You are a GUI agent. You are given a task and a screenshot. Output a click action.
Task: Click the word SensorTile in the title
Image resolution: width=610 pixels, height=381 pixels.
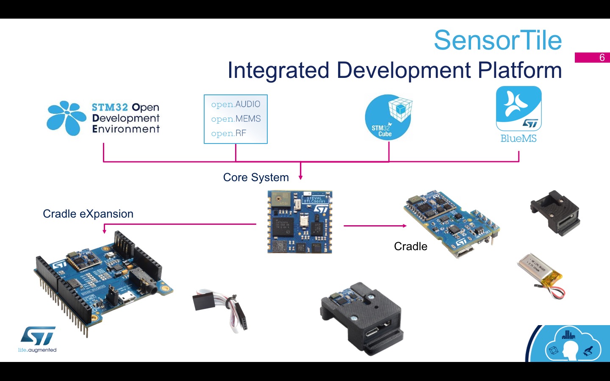(x=498, y=41)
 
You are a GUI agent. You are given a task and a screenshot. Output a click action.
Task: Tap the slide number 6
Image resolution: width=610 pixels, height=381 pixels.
(x=602, y=58)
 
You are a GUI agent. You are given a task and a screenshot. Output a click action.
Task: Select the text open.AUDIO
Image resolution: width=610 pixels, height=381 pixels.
(x=236, y=104)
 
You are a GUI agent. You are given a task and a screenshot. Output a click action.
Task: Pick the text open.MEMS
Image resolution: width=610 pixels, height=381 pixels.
(x=236, y=119)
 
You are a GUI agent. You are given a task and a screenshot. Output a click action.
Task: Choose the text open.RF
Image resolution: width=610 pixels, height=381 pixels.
(x=228, y=133)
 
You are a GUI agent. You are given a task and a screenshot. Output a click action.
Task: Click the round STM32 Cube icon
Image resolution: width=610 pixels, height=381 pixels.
(x=388, y=118)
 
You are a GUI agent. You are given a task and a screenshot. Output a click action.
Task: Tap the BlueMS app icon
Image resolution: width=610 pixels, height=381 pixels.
(x=518, y=108)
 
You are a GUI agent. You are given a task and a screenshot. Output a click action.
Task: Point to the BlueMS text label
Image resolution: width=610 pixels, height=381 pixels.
(x=518, y=138)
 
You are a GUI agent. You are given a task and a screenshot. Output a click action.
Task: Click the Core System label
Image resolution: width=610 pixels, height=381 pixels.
(x=256, y=177)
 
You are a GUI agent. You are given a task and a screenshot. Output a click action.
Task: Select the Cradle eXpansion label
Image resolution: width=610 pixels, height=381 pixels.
(x=88, y=214)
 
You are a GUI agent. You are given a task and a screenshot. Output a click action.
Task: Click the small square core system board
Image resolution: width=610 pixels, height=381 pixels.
(x=299, y=222)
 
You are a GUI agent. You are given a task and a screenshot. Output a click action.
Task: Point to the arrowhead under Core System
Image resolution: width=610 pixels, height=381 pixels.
(x=300, y=177)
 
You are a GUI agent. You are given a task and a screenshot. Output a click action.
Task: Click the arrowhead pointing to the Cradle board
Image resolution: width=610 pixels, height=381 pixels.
(x=404, y=226)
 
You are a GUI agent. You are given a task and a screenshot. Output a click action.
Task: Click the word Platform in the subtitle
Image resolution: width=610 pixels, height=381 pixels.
(x=520, y=70)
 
